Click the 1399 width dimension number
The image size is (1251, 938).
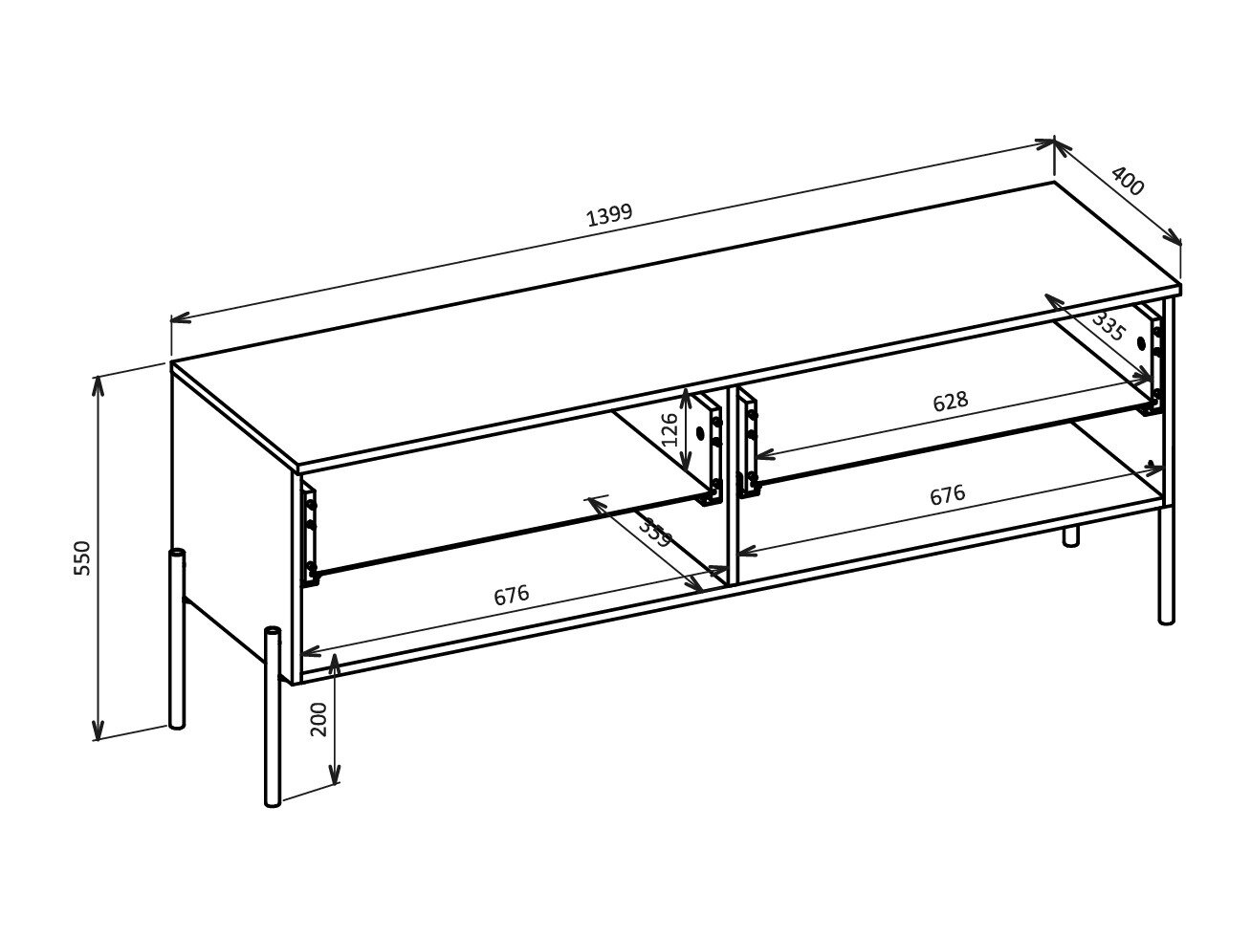[609, 214]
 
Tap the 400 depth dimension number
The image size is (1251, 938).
[1128, 181]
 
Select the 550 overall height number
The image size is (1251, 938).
[82, 557]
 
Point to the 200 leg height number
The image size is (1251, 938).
[319, 719]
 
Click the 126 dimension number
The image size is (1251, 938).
[670, 429]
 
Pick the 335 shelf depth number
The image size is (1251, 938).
[1108, 327]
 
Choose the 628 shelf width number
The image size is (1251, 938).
[951, 402]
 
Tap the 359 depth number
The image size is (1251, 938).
[655, 532]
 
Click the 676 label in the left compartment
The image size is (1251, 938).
[512, 596]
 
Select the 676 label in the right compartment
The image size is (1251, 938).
[948, 495]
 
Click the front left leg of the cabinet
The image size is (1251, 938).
[273, 717]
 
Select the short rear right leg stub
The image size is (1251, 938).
[1070, 535]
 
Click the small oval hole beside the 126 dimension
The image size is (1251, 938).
[699, 433]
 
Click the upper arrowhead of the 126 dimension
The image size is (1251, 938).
[687, 394]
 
